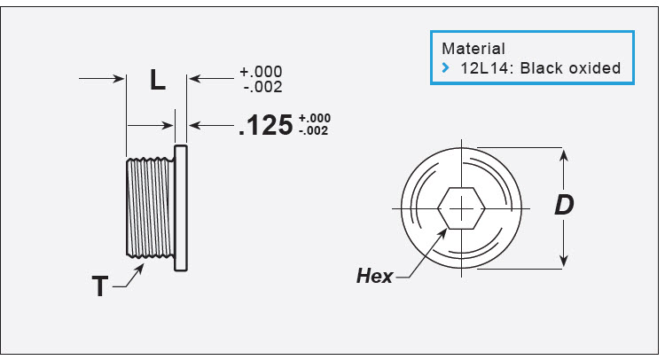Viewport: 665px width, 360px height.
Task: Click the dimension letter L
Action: (x=157, y=81)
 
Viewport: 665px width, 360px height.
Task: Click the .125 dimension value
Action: (x=265, y=126)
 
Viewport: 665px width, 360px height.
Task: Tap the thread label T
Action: (x=102, y=286)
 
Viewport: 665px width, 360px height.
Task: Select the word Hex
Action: (x=374, y=276)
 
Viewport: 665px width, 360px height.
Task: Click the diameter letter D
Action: (x=564, y=206)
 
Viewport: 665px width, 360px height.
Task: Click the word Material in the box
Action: (x=473, y=49)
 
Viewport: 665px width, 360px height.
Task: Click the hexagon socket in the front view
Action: (x=462, y=207)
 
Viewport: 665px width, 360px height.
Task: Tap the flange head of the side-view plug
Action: (x=181, y=207)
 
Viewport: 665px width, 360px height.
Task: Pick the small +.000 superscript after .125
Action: (x=315, y=119)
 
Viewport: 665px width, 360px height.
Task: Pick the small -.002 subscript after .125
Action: (x=315, y=130)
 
